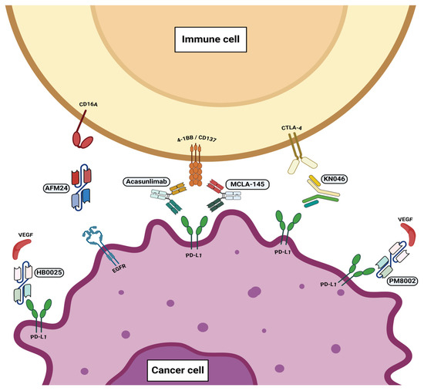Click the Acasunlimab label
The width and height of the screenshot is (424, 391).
146,182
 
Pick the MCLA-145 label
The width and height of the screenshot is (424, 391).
248,185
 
